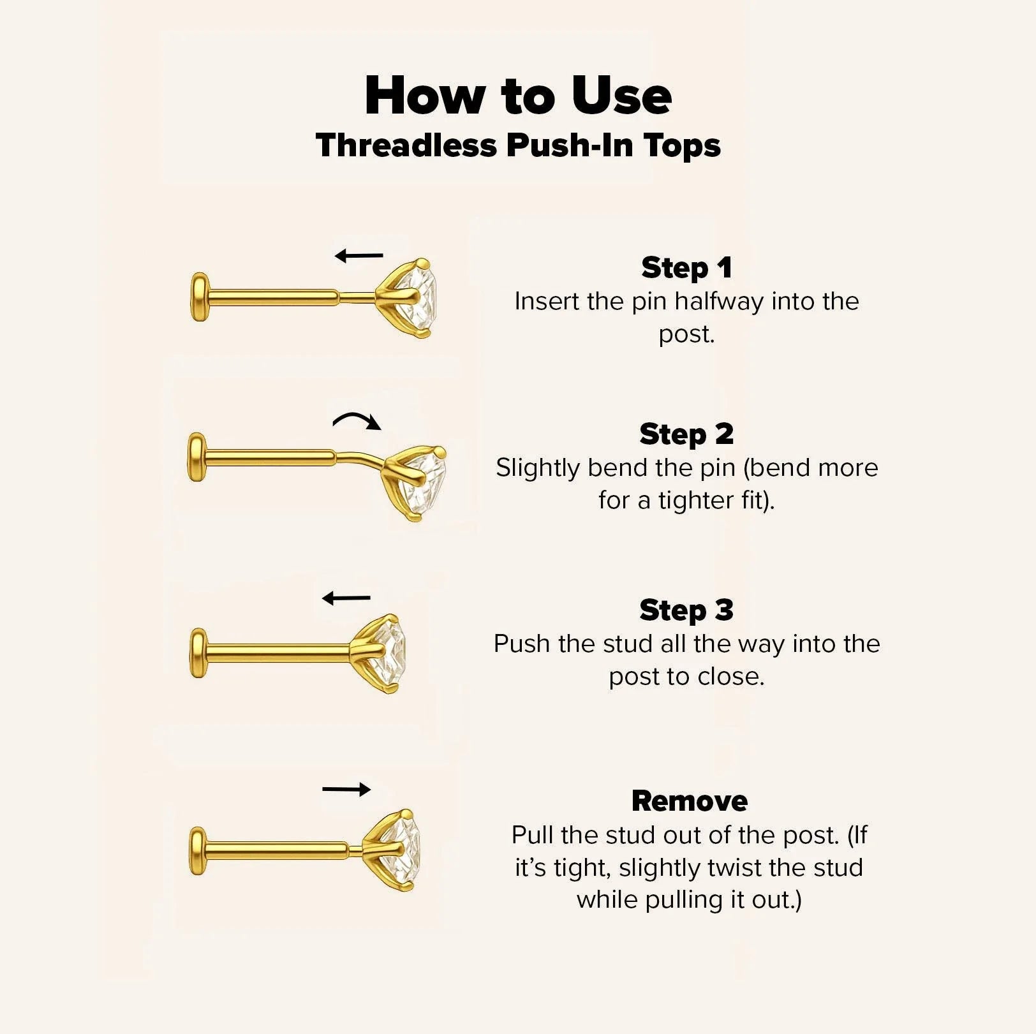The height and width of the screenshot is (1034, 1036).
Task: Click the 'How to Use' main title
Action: click(x=518, y=96)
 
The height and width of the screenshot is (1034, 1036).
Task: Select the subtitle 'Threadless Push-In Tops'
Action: click(x=518, y=145)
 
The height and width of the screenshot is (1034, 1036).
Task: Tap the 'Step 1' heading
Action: click(x=686, y=268)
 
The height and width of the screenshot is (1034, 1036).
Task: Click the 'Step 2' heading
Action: click(x=686, y=434)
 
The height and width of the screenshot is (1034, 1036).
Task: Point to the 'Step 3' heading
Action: click(x=686, y=610)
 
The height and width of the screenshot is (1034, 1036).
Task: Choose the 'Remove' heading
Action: click(x=689, y=801)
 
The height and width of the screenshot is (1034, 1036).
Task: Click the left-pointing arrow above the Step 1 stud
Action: click(x=359, y=256)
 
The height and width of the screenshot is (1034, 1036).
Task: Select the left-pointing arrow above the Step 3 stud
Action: click(x=346, y=598)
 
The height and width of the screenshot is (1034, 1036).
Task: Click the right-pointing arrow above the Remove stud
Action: click(x=346, y=790)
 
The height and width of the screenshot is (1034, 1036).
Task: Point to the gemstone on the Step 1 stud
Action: click(x=418, y=298)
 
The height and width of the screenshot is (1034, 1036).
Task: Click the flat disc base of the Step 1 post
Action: click(x=200, y=297)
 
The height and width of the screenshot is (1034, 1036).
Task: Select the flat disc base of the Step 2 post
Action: click(x=197, y=457)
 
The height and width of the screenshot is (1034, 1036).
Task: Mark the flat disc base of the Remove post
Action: click(x=199, y=851)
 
